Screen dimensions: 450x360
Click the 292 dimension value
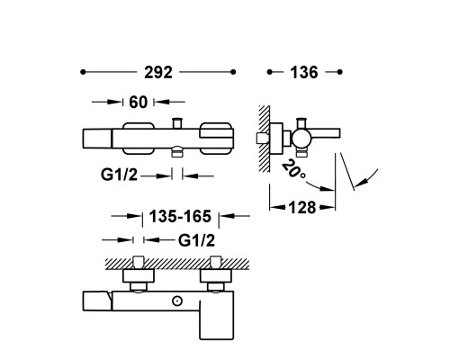[158, 73]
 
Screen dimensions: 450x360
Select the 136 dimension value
[304, 73]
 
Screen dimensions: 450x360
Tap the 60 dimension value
[139, 103]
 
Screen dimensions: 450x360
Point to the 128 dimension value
[302, 208]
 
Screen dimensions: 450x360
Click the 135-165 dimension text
[180, 216]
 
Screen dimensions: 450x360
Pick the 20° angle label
[292, 170]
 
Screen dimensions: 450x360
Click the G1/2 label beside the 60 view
[119, 175]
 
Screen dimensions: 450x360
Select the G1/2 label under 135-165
[197, 240]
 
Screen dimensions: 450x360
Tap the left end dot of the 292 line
[83, 72]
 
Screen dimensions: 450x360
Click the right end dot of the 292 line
[233, 72]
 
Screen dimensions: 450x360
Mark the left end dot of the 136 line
[270, 72]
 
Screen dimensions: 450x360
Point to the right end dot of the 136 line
[339, 72]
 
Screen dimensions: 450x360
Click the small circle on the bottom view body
[177, 301]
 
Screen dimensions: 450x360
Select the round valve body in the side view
[301, 138]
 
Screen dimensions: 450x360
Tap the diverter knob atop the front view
[177, 123]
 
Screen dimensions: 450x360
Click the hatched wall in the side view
[265, 139]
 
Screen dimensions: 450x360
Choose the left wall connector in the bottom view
[139, 274]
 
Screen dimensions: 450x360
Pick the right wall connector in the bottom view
[216, 274]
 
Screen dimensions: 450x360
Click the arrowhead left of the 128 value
[277, 207]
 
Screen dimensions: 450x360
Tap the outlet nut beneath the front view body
[177, 152]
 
